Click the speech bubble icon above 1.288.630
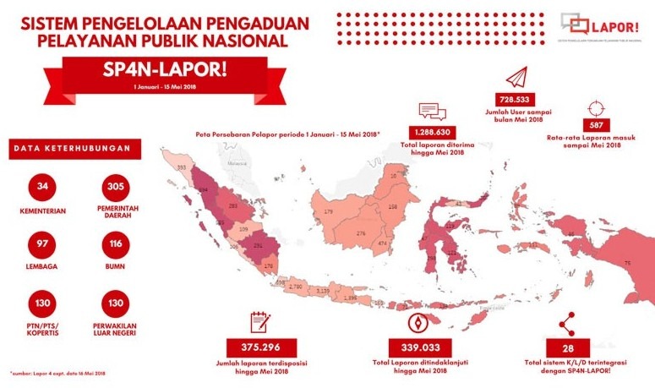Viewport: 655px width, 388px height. click(431, 111)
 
